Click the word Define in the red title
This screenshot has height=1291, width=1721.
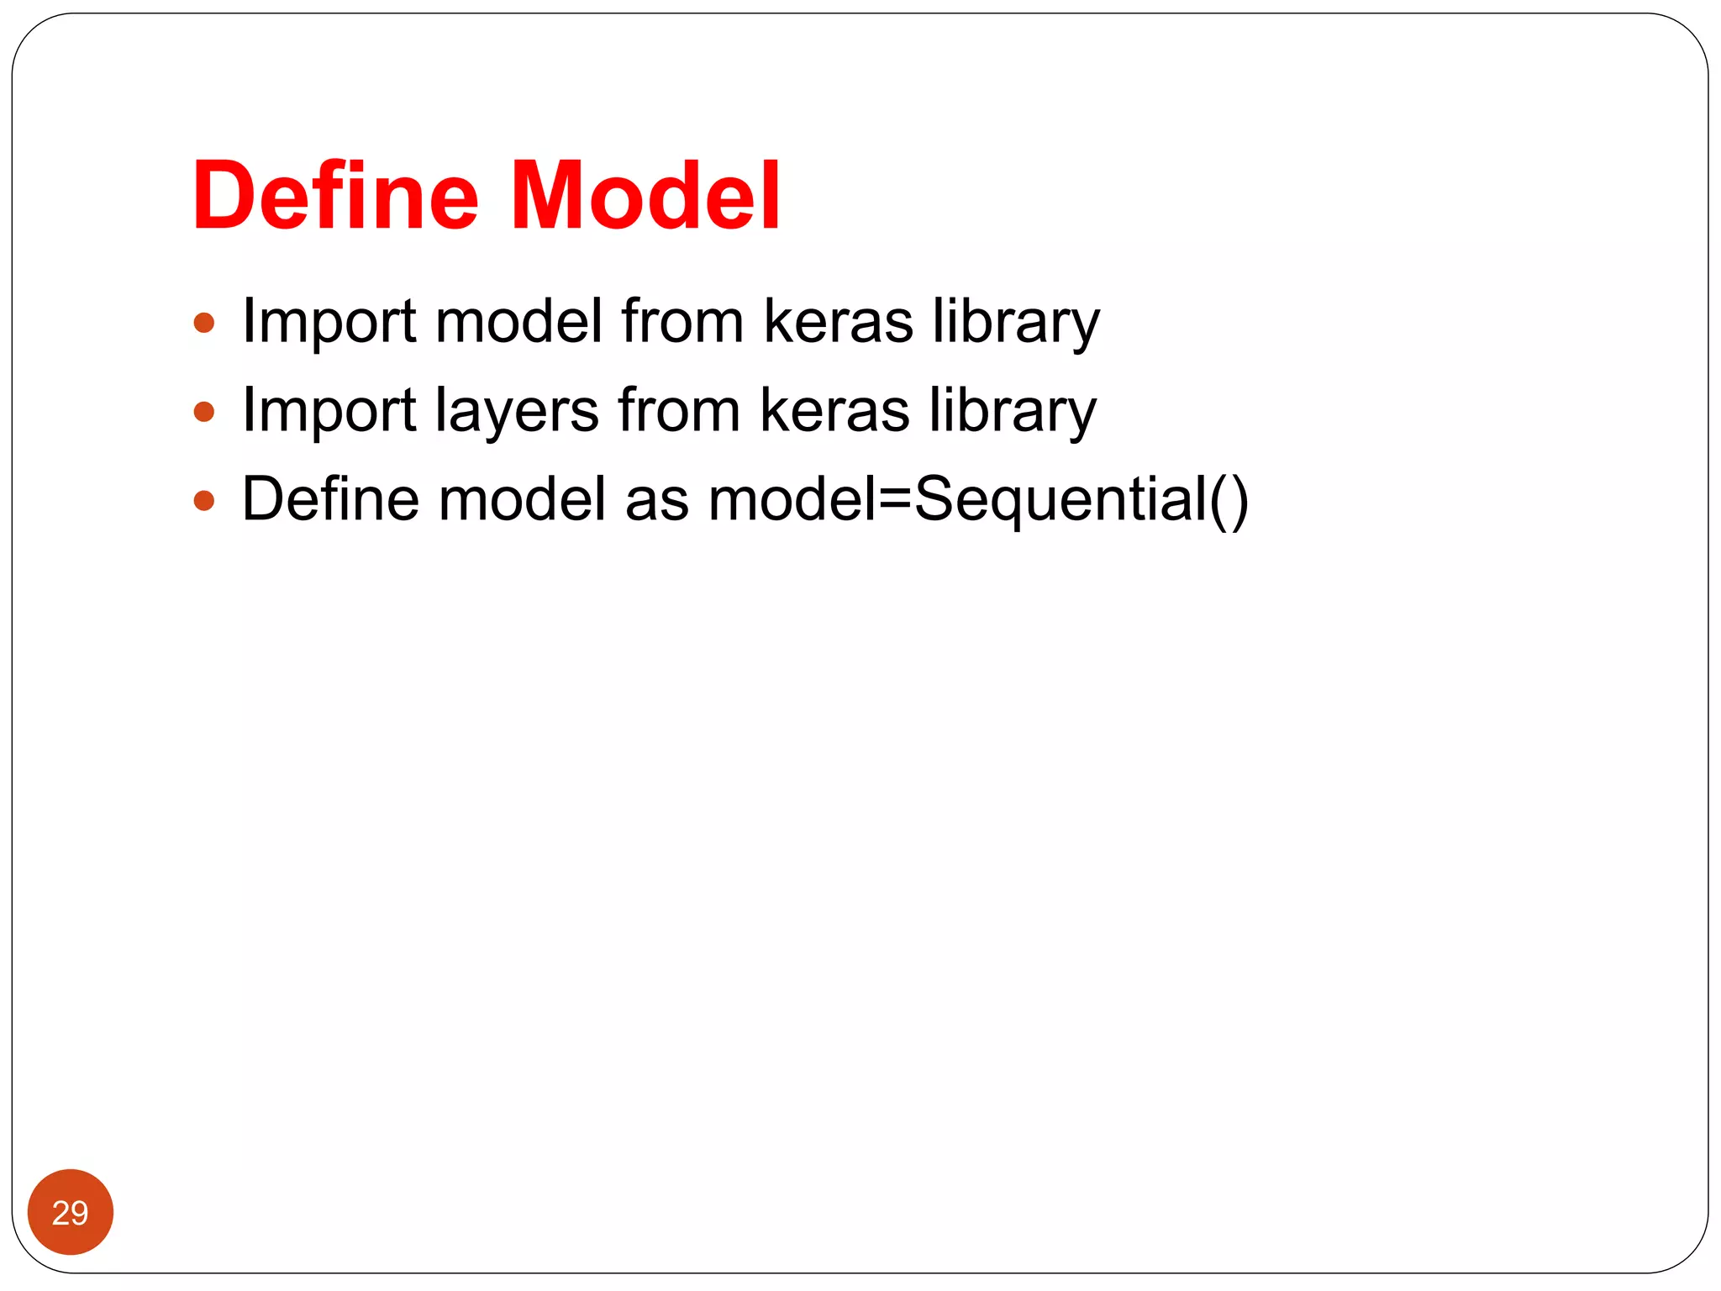click(x=335, y=197)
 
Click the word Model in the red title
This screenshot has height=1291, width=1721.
click(x=645, y=197)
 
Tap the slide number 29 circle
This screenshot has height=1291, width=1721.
click(x=71, y=1212)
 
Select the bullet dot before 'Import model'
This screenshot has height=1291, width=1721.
click(x=204, y=324)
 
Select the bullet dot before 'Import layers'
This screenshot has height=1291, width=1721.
click(x=204, y=413)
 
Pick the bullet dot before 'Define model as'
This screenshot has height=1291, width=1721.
click(x=204, y=502)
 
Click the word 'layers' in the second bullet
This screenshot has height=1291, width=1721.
click(x=517, y=411)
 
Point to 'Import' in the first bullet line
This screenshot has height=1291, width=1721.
click(x=329, y=322)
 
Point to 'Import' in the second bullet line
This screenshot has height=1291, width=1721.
click(x=329, y=411)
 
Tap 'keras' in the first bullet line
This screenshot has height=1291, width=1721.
click(x=838, y=322)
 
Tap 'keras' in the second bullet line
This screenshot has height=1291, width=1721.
click(x=834, y=411)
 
